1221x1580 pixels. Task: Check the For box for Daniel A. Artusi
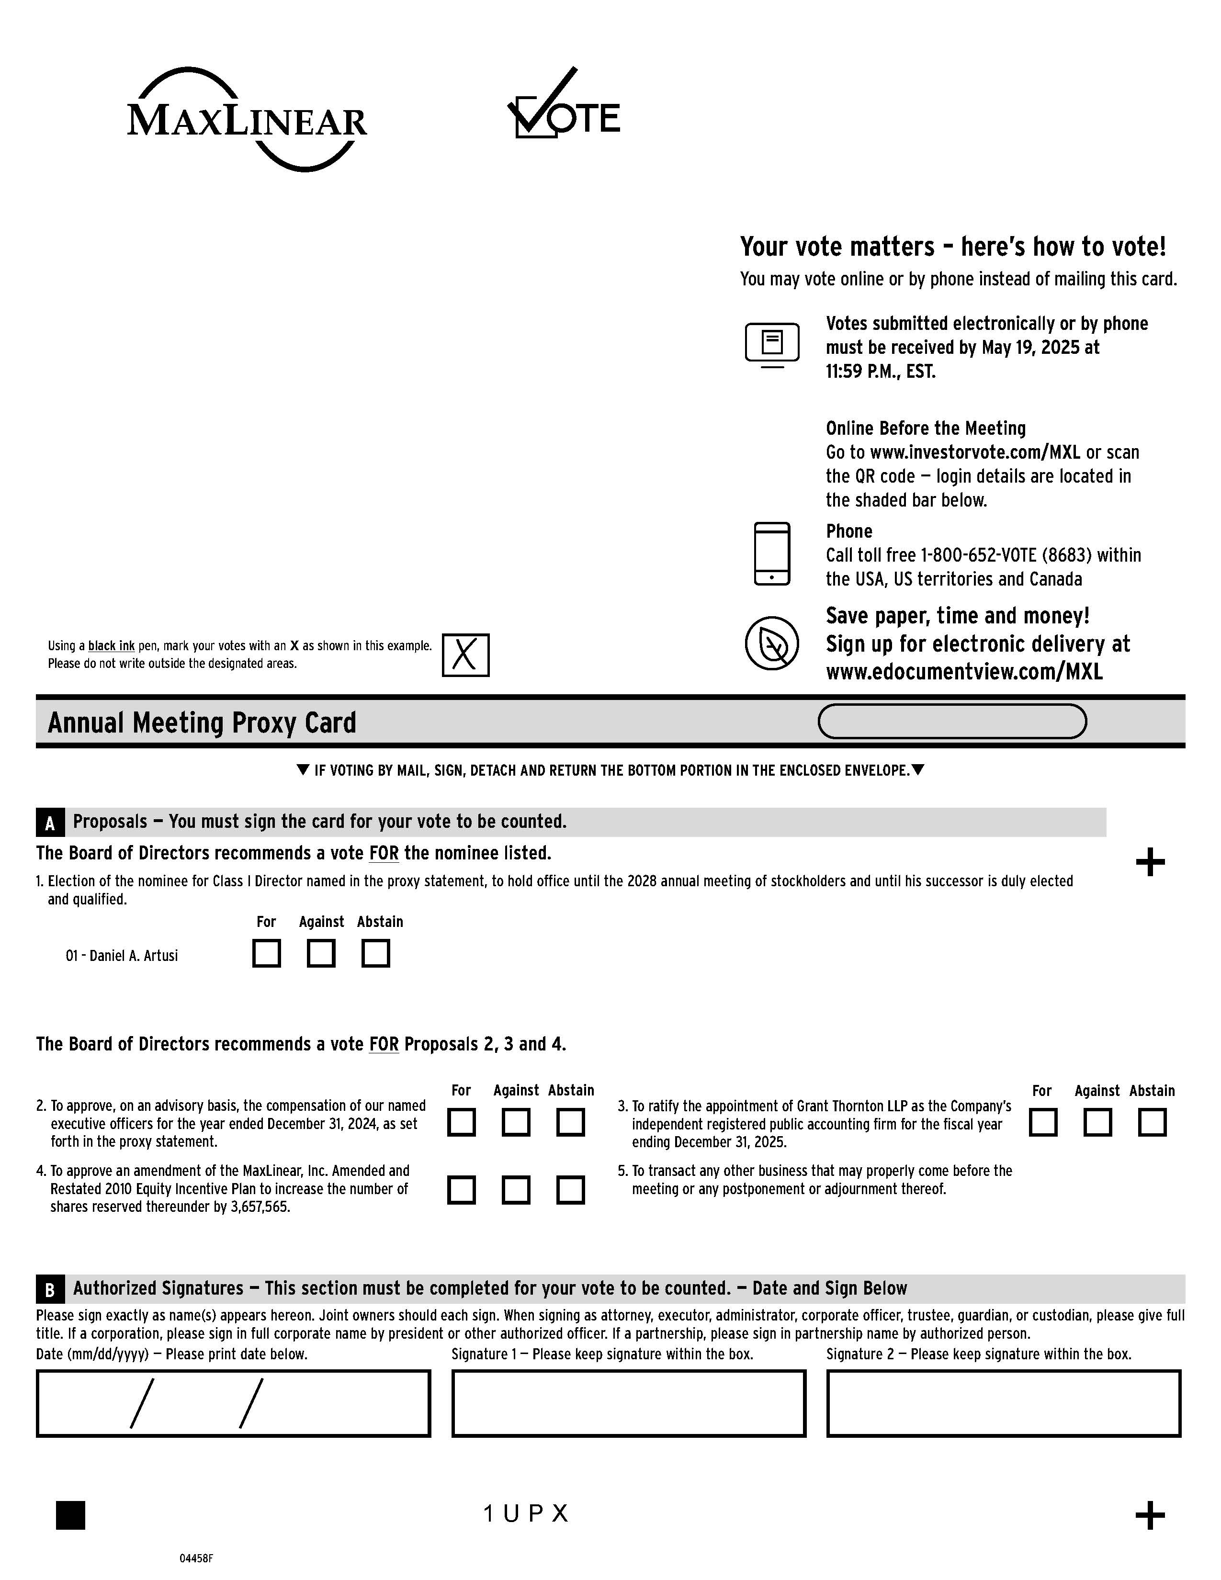[x=266, y=953]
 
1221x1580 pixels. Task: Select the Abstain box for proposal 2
[x=570, y=1122]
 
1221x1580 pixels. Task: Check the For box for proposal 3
[x=1042, y=1122]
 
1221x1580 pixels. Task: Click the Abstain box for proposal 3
[x=1152, y=1122]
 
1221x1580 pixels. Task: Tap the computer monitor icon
[x=772, y=344]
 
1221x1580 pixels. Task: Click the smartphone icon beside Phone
[x=772, y=553]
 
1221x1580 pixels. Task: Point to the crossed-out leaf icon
[x=772, y=643]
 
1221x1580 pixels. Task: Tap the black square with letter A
[x=50, y=823]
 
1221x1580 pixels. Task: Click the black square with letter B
[x=50, y=1289]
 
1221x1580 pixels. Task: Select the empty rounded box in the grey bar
[x=951, y=721]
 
